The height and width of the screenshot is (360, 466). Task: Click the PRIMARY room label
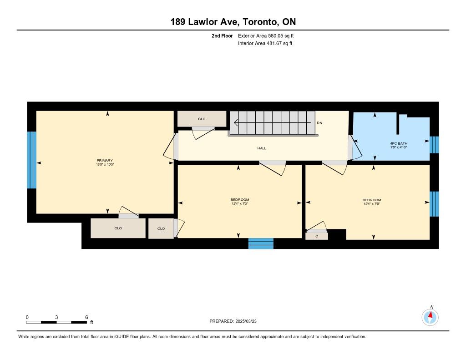tap(105, 161)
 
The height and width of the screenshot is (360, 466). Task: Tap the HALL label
tap(262, 148)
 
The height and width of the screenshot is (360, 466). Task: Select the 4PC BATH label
tap(399, 143)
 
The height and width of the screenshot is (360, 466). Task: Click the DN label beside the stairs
tap(319, 123)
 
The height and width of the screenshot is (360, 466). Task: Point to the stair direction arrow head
tap(236, 122)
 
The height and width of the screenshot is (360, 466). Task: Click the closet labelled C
tap(317, 236)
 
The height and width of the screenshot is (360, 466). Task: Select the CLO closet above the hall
tap(202, 119)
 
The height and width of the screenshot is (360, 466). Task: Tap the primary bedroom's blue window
tap(31, 160)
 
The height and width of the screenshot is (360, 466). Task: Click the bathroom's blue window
tap(434, 145)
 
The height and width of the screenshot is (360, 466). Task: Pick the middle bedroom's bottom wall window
tap(261, 243)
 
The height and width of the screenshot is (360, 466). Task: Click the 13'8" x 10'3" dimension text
tap(105, 164)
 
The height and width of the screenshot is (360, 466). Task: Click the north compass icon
tap(430, 317)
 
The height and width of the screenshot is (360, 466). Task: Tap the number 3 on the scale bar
tap(56, 317)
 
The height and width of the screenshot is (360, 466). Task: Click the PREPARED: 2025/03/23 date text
tap(233, 321)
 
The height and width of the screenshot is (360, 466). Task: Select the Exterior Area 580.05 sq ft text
tap(266, 35)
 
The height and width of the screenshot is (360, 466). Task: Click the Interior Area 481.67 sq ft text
tap(265, 43)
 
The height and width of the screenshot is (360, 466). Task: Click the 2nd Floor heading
tap(222, 35)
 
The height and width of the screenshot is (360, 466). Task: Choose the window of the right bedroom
tap(434, 204)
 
